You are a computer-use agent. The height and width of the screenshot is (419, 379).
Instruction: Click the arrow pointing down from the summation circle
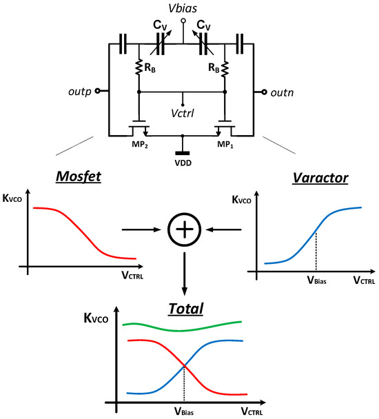(183, 274)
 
